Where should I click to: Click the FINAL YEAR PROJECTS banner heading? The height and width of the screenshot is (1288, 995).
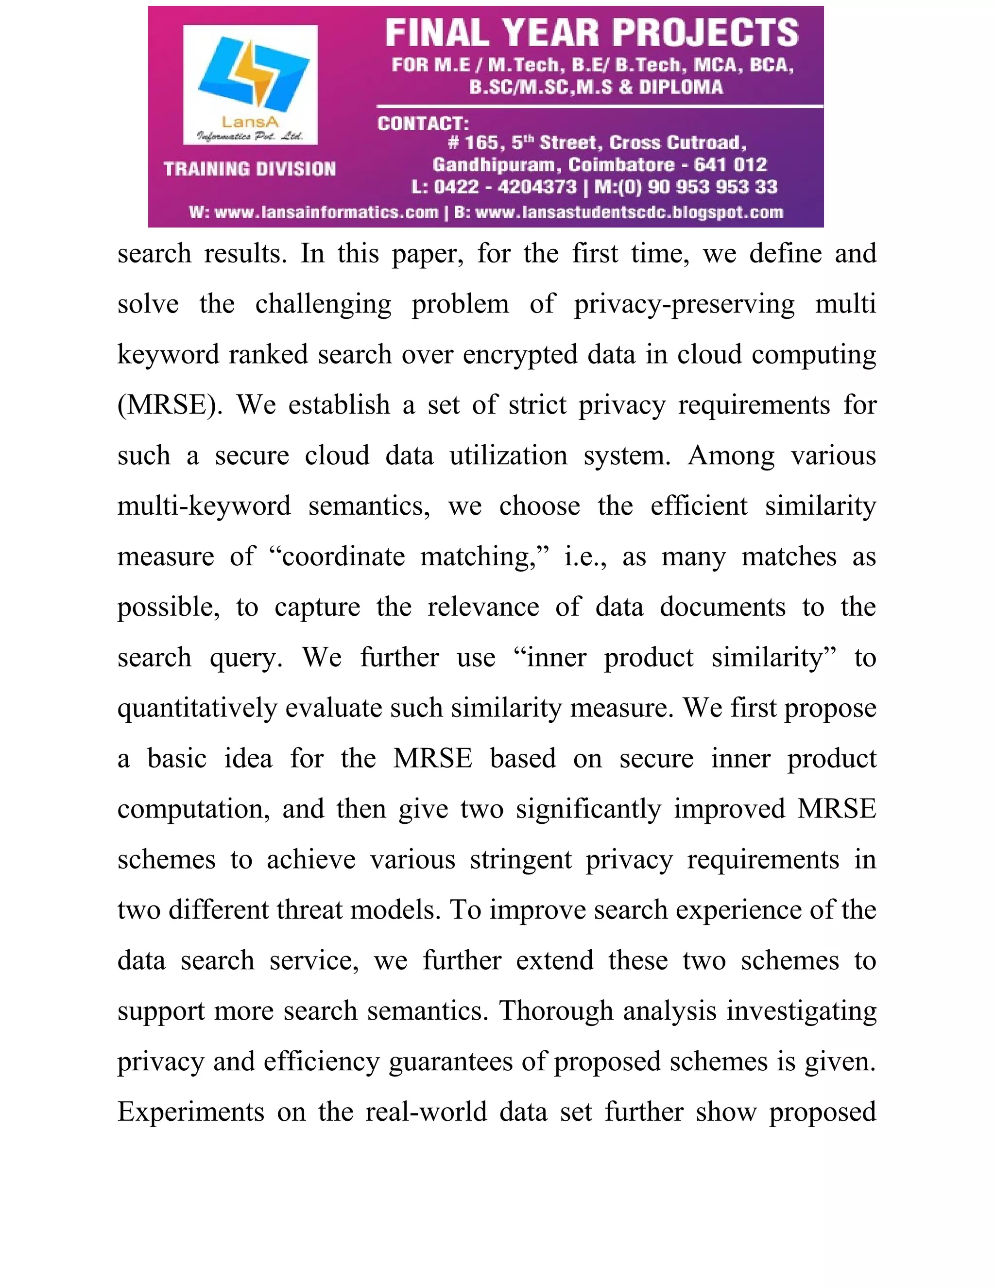click(592, 33)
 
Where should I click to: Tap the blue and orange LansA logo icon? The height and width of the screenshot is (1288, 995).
click(254, 74)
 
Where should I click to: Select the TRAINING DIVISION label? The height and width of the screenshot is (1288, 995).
click(250, 169)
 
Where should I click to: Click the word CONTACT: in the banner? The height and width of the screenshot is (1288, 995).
click(423, 123)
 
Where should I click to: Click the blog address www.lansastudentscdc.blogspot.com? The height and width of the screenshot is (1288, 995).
click(629, 212)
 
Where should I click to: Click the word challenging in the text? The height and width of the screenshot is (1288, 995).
click(323, 304)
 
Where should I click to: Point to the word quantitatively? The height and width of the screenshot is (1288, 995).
click(197, 708)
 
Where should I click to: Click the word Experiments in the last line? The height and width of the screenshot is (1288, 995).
click(190, 1112)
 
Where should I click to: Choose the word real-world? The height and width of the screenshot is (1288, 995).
click(426, 1112)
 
